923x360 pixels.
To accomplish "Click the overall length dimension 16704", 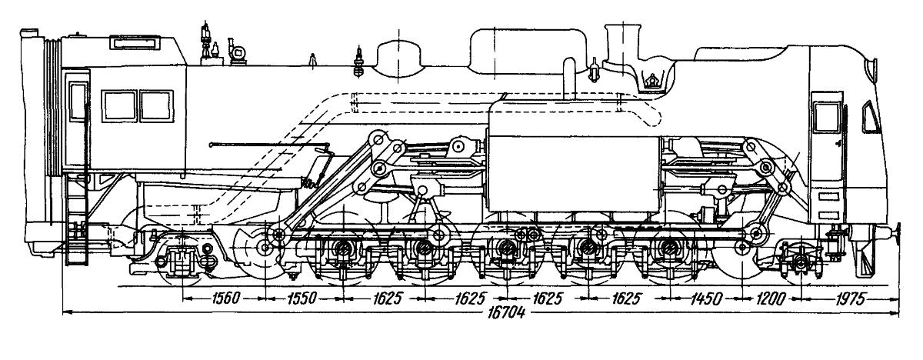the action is [x=506, y=313].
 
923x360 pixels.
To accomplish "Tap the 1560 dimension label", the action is [x=225, y=298].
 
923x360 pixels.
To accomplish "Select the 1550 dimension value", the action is [x=302, y=298].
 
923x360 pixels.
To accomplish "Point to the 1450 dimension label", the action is [x=706, y=298].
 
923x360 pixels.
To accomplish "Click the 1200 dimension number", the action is [x=771, y=298].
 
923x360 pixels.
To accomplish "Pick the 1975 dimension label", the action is [x=851, y=298].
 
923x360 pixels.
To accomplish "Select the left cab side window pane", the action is [x=119, y=106].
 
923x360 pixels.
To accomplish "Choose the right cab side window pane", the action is [x=157, y=106].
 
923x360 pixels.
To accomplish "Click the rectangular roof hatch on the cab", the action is [x=135, y=43].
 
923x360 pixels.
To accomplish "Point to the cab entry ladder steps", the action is [x=77, y=218].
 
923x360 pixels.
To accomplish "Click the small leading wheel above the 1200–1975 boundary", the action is [x=800, y=260].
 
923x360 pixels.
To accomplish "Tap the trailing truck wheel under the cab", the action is [x=182, y=260].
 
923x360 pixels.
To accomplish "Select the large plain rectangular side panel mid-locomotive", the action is [x=574, y=174].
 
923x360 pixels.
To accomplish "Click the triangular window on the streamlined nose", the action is [x=870, y=118].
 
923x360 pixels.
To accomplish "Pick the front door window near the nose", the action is [x=827, y=118].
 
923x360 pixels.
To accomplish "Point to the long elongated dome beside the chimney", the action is [x=528, y=52].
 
